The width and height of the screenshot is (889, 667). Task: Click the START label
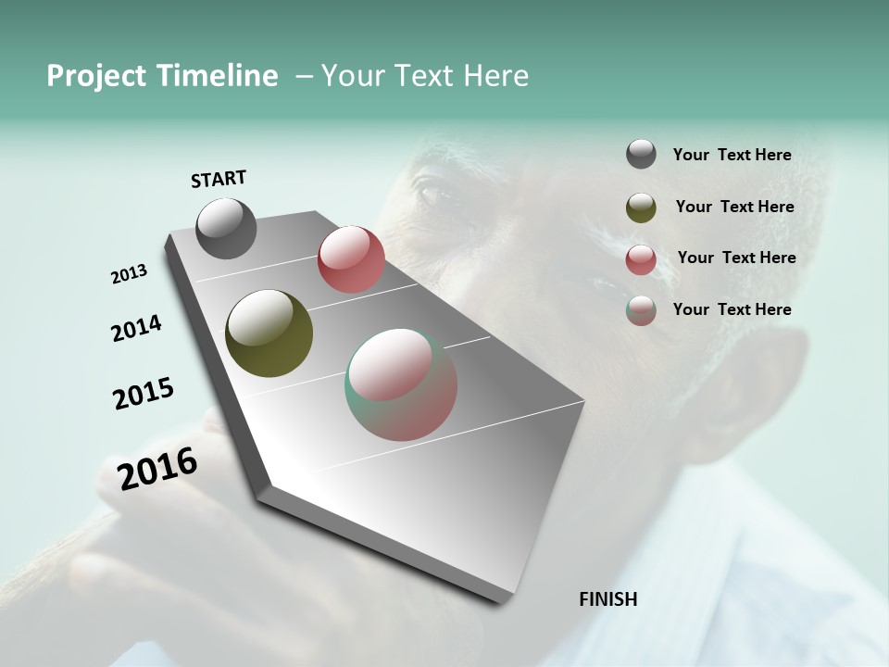219,179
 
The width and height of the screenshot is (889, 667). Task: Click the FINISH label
607,599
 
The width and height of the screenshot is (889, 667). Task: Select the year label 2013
130,274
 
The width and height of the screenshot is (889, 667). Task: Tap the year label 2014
136,328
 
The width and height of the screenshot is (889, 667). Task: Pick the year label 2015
144,394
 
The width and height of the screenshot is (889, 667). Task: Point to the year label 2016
157,468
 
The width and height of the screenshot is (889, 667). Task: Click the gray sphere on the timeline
226,228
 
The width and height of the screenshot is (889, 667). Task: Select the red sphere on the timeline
351,259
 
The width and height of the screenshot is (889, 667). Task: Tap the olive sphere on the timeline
269,333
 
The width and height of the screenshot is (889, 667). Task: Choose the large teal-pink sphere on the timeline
401,384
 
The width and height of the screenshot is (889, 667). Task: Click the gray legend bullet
641,155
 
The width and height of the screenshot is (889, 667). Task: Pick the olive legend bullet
641,208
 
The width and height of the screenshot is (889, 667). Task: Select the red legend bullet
641,259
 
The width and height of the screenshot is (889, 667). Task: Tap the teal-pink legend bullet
641,310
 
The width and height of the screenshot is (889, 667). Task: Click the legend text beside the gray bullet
732,155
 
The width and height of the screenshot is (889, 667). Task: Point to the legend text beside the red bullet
736,258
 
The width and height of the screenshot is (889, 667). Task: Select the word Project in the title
96,76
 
